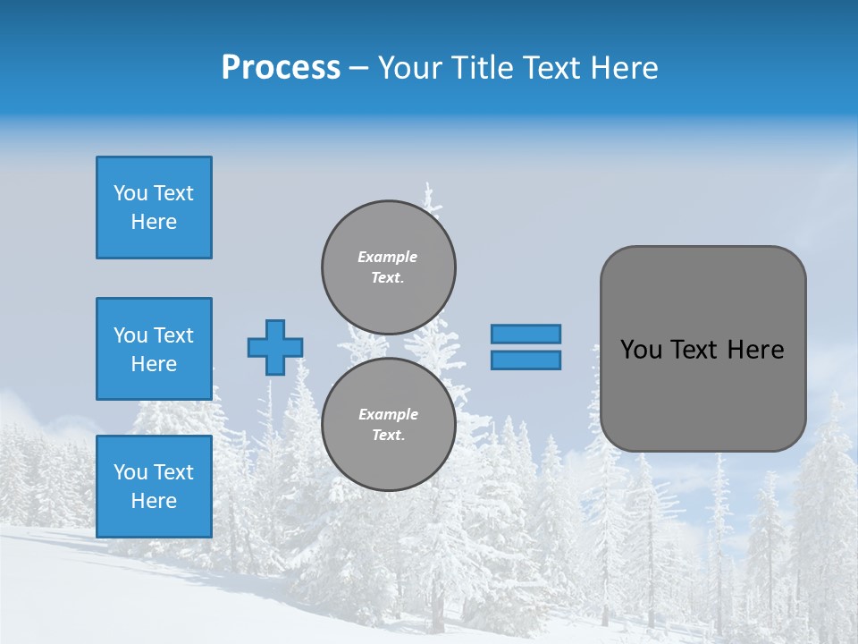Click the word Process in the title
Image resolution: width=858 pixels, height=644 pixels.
click(281, 68)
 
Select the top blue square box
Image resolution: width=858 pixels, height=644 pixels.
click(154, 208)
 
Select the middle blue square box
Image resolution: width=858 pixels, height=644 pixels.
click(154, 349)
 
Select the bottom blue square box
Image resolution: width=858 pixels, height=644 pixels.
click(154, 487)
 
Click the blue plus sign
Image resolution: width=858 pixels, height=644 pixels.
click(275, 347)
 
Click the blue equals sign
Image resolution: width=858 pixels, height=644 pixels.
click(526, 347)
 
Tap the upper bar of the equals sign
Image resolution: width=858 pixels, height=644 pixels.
click(526, 334)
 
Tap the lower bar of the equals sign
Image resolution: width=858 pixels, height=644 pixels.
click(526, 360)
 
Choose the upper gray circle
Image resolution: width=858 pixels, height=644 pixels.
click(389, 267)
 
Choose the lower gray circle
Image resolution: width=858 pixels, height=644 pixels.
click(389, 425)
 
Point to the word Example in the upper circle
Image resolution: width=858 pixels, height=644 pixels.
click(388, 257)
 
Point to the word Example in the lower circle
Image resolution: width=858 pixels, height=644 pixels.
click(388, 414)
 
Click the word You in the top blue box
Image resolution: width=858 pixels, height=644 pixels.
click(130, 193)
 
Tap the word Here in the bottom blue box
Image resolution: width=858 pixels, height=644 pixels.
click(154, 501)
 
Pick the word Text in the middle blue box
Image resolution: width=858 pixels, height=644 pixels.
click(173, 335)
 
